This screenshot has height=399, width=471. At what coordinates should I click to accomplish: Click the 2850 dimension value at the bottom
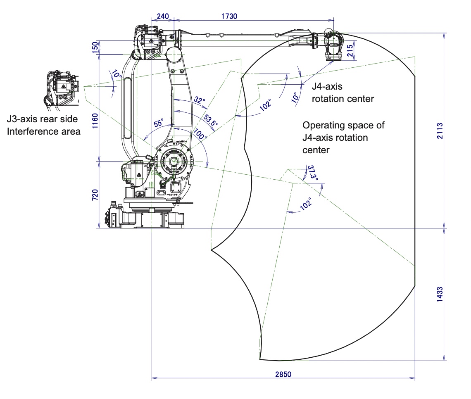click(x=283, y=374)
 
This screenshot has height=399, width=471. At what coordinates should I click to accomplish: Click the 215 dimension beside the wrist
click(x=350, y=50)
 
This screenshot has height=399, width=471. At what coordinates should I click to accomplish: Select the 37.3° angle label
click(x=313, y=173)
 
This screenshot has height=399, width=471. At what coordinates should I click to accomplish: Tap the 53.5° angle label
click(x=210, y=120)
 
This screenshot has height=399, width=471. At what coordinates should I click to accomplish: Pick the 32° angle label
click(x=199, y=100)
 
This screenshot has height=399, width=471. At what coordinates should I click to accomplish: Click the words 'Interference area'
click(x=43, y=132)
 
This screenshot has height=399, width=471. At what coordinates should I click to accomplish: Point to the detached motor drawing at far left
click(x=61, y=89)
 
